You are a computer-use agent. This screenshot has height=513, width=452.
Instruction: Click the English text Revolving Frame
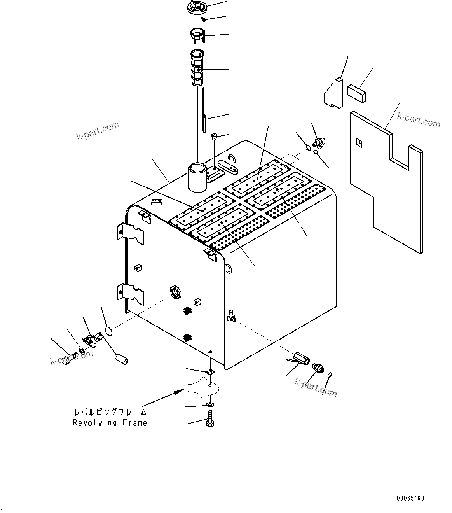(x=110, y=423)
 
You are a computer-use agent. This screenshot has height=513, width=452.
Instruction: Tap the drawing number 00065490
(x=410, y=498)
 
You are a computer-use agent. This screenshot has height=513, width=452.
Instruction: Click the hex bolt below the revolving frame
(x=211, y=422)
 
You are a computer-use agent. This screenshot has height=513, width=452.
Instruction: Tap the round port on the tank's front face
(x=176, y=291)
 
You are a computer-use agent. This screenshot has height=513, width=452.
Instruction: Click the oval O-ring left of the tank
(x=109, y=331)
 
